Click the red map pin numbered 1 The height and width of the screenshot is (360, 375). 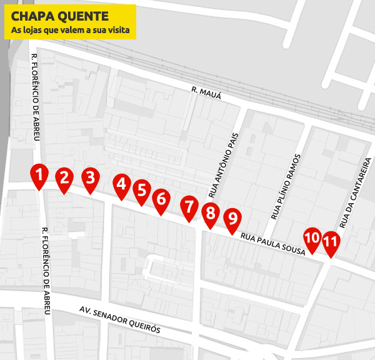click(x=39, y=176)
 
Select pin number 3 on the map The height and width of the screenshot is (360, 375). click(x=91, y=178)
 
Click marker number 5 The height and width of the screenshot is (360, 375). click(x=142, y=191)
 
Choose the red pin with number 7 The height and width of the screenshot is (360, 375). click(x=189, y=207)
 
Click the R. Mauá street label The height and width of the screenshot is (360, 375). click(x=207, y=93)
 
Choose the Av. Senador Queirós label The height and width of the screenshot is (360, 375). click(x=121, y=319)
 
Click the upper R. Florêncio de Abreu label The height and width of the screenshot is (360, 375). click(x=36, y=97)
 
